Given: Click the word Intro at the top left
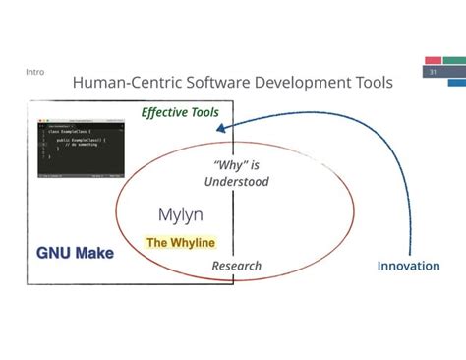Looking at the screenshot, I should click(33, 72).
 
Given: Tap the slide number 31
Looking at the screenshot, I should click(433, 73).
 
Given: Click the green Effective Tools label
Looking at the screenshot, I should click(180, 112).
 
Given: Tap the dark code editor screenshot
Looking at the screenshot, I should click(84, 148).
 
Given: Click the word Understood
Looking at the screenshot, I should click(236, 181).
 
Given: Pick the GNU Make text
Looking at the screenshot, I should click(76, 253).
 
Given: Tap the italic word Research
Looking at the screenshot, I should click(237, 266).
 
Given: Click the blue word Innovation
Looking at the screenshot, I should click(410, 266).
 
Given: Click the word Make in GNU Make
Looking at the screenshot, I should click(96, 253).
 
